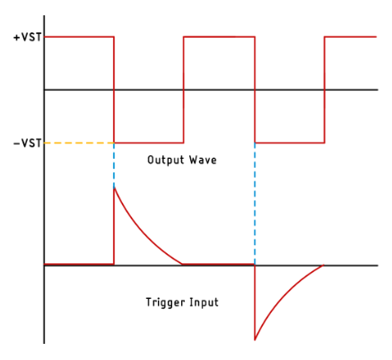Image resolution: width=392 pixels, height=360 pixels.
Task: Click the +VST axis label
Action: [x=28, y=38]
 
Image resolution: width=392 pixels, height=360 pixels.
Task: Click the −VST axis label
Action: [x=28, y=144]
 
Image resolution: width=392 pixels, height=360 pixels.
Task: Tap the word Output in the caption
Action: [x=166, y=160]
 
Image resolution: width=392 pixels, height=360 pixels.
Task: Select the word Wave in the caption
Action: [x=203, y=160]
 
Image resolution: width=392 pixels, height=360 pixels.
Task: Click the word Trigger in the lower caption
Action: [x=165, y=303]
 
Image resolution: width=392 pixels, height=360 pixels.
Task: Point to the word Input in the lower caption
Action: [x=205, y=303]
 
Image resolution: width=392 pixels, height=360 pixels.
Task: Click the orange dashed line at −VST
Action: [x=79, y=143]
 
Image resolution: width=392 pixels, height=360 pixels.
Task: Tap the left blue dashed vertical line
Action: [x=114, y=165]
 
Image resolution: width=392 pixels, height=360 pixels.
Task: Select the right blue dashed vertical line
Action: [x=255, y=204]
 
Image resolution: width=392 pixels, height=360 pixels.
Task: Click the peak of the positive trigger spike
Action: [x=114, y=188]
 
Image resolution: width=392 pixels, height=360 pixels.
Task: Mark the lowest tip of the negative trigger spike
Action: [x=255, y=340]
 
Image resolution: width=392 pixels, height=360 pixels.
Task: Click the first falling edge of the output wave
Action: [x=114, y=90]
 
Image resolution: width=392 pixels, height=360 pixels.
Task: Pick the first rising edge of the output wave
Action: [x=184, y=90]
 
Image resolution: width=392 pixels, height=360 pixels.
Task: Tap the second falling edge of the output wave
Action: [x=255, y=90]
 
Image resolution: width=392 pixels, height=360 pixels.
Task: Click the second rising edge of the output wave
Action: [x=325, y=90]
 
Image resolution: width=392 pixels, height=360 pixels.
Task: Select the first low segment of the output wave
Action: [x=149, y=143]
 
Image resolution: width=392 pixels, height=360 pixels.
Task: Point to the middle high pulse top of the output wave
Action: [x=219, y=37]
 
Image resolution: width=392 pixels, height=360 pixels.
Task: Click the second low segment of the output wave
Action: [x=290, y=143]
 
